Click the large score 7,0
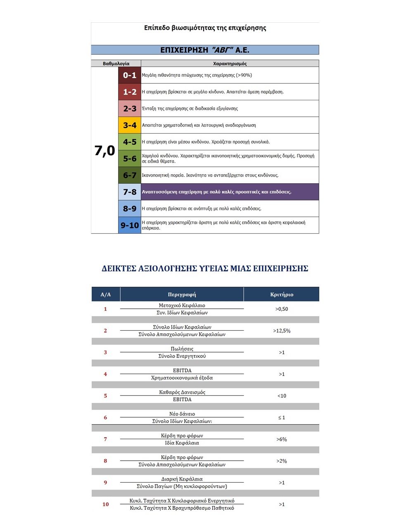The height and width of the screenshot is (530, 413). point(104,151)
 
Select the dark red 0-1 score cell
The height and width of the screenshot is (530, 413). point(129,75)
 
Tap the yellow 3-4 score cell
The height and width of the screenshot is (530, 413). point(129,125)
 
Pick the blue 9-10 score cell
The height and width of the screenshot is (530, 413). point(129,225)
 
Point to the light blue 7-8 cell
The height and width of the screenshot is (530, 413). point(129,192)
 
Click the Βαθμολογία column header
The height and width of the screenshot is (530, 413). point(116,64)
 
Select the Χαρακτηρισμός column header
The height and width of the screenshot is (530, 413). point(230,64)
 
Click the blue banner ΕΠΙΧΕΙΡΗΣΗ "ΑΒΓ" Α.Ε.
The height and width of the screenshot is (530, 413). point(205,50)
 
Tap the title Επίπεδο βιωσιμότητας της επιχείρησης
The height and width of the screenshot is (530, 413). point(205,28)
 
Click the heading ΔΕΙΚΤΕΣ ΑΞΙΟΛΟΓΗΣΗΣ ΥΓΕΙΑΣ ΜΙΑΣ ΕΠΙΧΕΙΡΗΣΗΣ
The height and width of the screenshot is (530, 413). point(205,269)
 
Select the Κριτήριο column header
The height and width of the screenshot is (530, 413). point(282,294)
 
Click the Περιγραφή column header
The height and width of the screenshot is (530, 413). point(182,294)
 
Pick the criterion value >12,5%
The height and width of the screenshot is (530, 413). point(282,331)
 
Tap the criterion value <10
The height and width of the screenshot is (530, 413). point(282,396)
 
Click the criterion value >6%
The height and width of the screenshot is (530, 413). point(282,439)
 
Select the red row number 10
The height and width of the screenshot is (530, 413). point(106,504)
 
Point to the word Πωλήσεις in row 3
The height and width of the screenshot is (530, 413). point(182,349)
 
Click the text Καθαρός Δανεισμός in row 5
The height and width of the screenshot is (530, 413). point(182,392)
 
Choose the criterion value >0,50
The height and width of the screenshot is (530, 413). point(282,309)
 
